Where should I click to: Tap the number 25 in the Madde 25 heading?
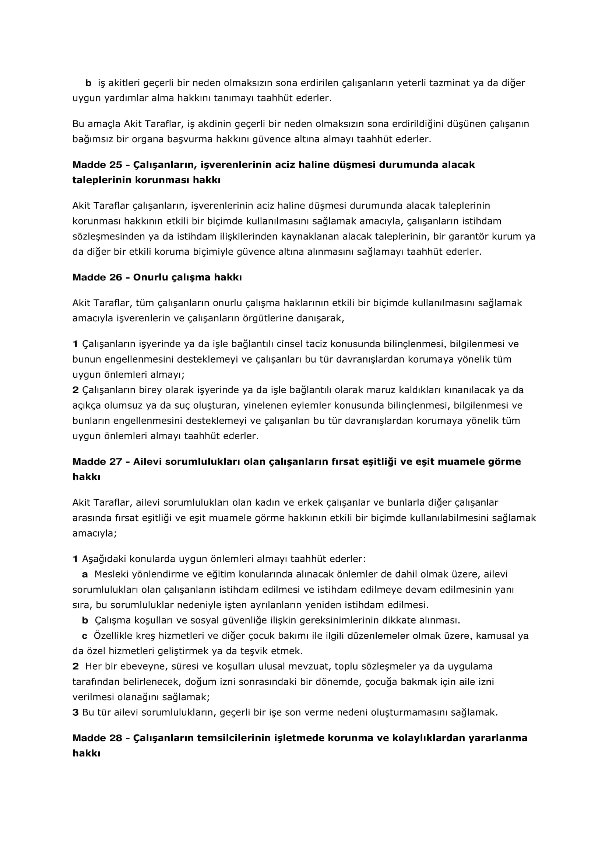click(116, 165)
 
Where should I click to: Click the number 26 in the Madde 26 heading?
click(116, 278)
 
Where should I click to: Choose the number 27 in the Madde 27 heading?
click(116, 461)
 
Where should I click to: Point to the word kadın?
click(268, 503)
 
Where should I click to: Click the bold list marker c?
click(85, 636)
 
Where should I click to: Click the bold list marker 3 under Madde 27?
click(75, 712)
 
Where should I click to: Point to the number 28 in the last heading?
click(116, 738)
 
